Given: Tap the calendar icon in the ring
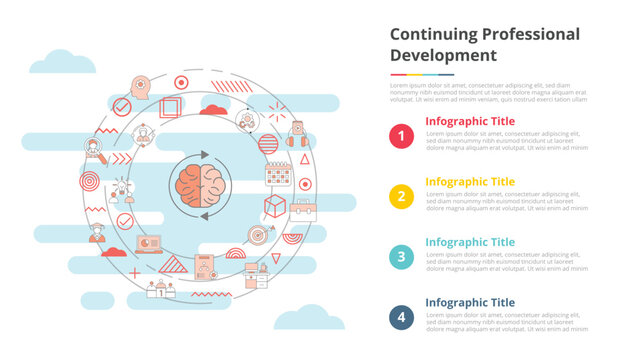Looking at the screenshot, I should [278, 175].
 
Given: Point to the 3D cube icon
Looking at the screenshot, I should [275, 206].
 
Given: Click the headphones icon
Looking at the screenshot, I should [297, 138].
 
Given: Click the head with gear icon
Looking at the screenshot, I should [139, 87].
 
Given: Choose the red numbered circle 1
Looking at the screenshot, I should [401, 136].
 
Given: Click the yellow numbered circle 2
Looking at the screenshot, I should [401, 196].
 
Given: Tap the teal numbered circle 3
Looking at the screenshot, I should [401, 256].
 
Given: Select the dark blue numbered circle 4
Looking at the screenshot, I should [401, 316].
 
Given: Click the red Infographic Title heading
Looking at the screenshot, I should [470, 121].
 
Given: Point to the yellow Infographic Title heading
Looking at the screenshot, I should [470, 182].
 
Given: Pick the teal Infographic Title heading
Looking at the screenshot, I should [470, 242].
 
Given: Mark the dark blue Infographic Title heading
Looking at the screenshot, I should [470, 302].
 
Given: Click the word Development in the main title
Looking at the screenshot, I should [443, 55].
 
